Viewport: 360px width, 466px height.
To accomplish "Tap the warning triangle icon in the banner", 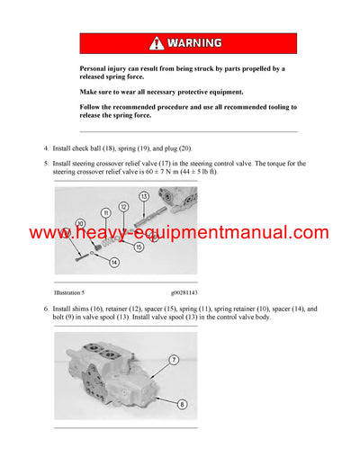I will [157, 43].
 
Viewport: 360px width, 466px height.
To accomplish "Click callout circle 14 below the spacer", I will [113, 262].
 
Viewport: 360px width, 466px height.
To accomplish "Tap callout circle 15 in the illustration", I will [139, 246].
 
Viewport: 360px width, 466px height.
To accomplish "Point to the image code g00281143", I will [187, 292].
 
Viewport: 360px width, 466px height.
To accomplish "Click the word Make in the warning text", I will [88, 92].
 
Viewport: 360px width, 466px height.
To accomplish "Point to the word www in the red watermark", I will [49, 233].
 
